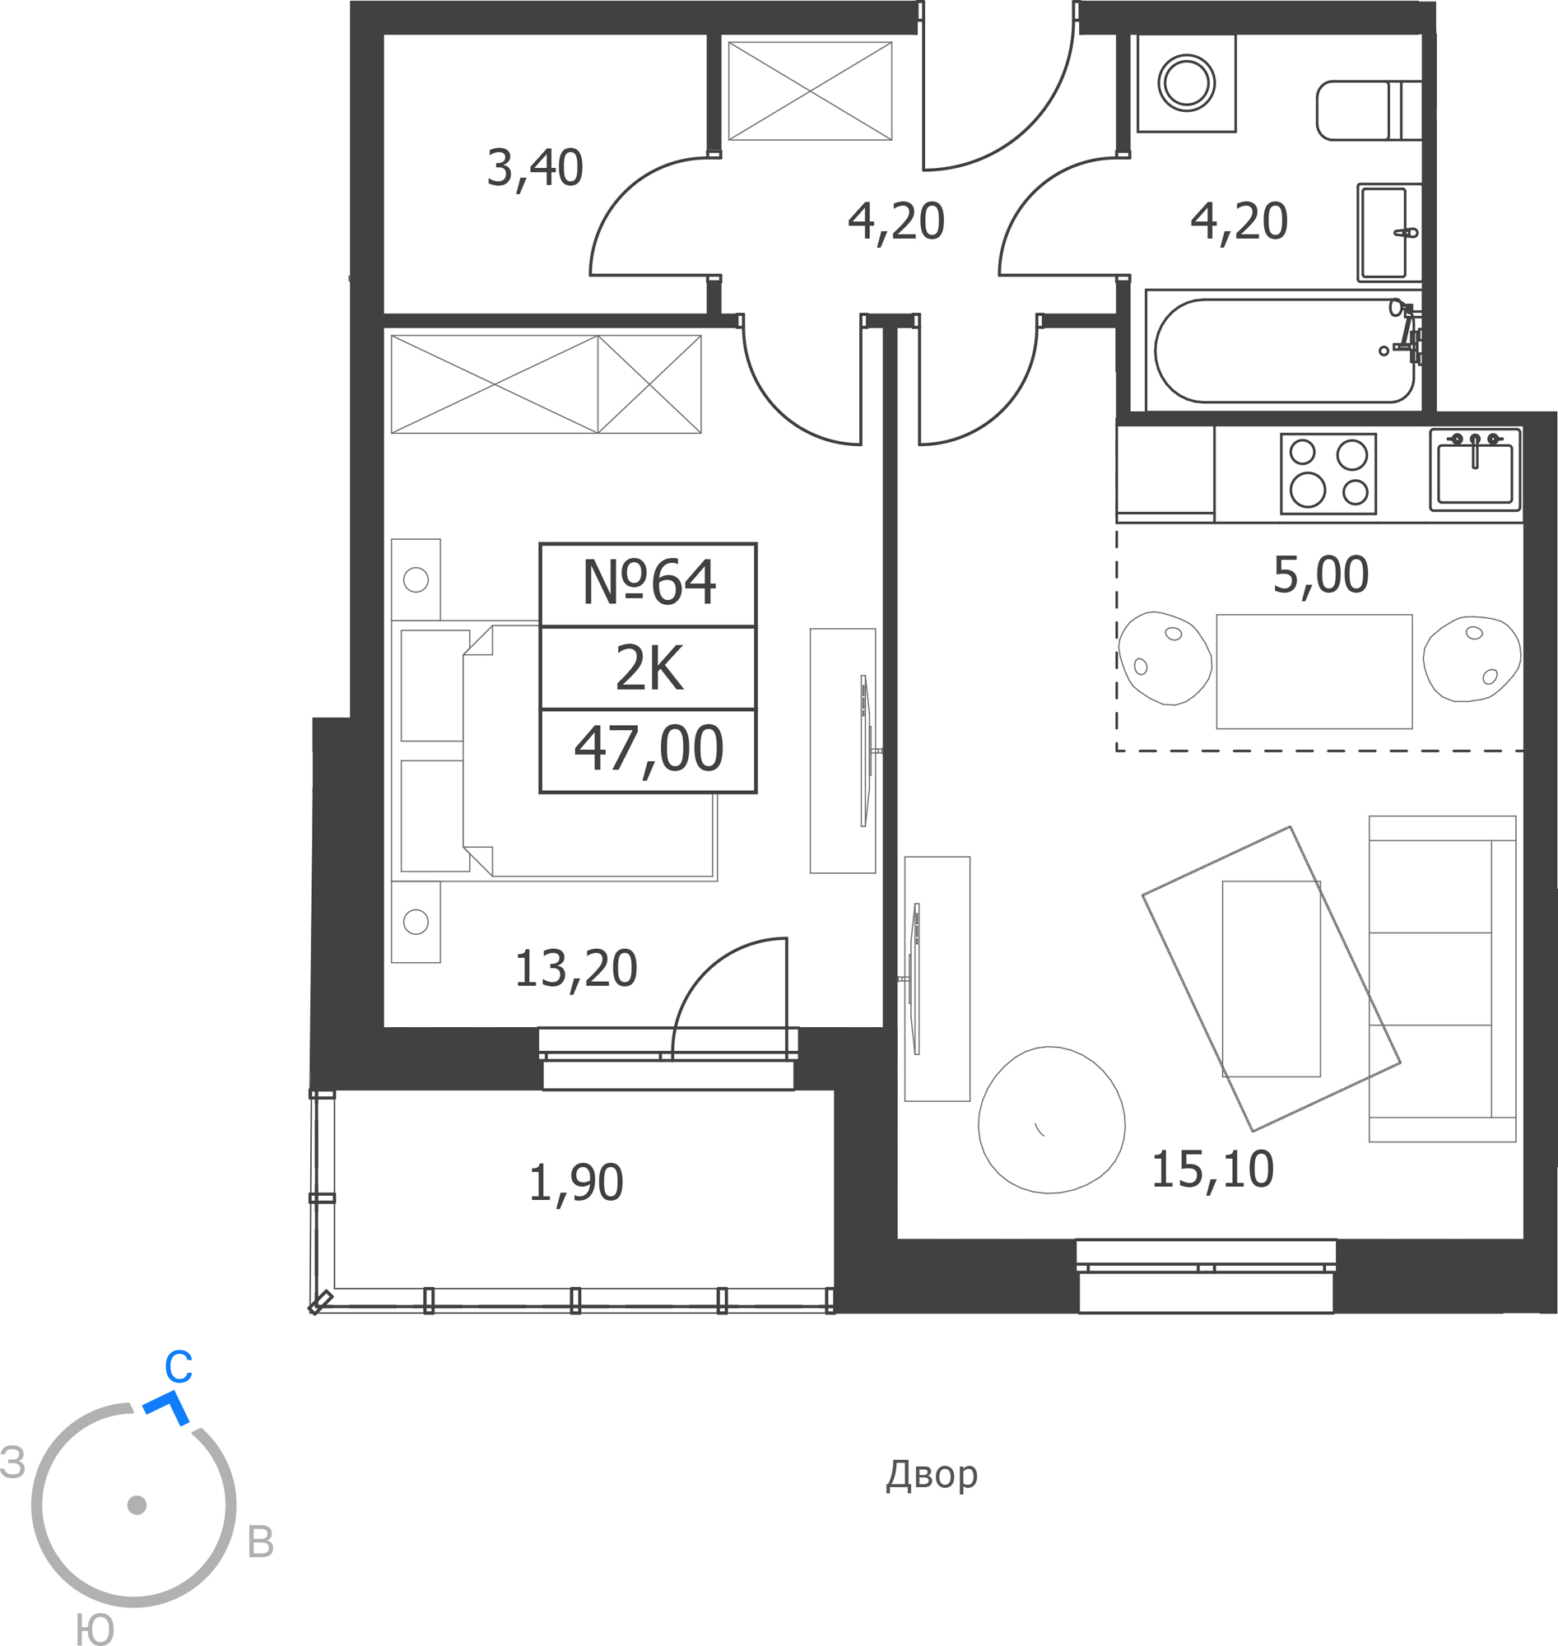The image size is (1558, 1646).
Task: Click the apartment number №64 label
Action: (649, 582)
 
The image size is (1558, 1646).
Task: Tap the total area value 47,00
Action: (649, 749)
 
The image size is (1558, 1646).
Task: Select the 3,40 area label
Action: (535, 169)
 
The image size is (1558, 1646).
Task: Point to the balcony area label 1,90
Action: (575, 1183)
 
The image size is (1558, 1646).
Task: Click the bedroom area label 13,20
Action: (575, 969)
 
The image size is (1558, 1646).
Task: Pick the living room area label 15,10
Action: (1212, 1169)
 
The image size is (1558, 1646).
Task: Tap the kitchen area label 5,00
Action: (1320, 574)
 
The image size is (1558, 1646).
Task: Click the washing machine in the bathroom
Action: (1187, 82)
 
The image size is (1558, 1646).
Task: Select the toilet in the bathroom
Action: (1369, 110)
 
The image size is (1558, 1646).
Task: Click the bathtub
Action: (1284, 351)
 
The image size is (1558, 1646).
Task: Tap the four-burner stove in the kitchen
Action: (1328, 473)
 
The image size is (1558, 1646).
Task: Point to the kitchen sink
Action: (1475, 469)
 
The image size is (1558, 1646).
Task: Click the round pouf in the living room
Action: (1051, 1119)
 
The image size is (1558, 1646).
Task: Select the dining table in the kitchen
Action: (1314, 672)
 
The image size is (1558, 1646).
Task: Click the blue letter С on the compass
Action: (179, 1367)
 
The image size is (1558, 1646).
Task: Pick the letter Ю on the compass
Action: (95, 1630)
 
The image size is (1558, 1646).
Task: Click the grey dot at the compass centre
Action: (137, 1504)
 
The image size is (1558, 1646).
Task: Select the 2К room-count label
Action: (649, 667)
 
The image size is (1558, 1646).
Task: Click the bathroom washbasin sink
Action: (1389, 233)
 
